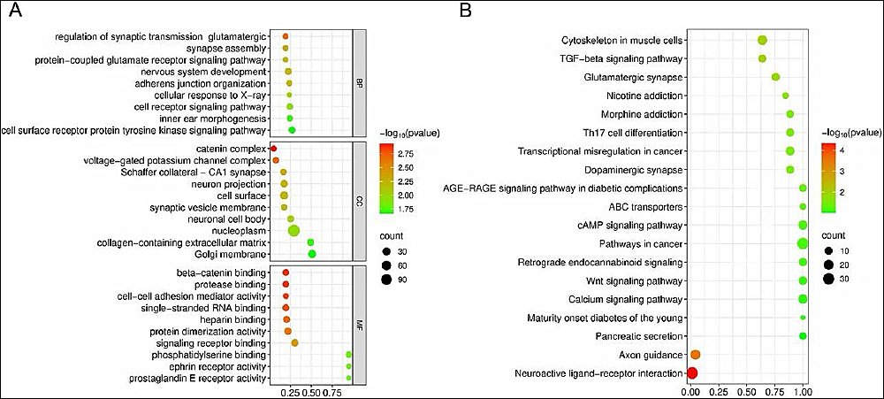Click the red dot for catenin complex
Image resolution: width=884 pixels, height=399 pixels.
point(273,149)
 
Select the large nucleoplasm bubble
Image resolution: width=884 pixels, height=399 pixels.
point(293,231)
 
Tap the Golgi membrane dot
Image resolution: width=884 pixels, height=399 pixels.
point(312,255)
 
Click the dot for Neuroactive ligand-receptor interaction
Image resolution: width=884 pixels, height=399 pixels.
point(692,373)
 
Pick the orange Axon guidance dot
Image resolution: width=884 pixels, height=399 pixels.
point(695,355)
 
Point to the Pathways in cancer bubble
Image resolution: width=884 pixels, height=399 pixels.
point(803,244)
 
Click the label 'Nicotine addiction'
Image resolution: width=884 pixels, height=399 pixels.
point(645,96)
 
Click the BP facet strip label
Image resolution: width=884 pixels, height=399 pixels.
point(359,83)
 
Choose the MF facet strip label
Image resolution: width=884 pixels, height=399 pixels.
point(359,325)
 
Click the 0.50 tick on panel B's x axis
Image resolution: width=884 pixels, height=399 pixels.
point(746,390)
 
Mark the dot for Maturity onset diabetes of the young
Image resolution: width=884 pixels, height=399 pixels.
point(803,318)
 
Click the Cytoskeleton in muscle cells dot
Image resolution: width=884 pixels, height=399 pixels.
point(762,40)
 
